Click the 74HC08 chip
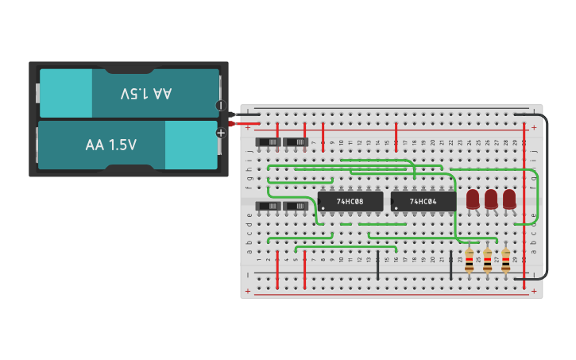350,202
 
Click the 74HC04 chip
423,202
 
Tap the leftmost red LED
473,199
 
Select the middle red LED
491,199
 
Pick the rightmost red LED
509,199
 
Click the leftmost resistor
469,260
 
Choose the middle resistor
487,260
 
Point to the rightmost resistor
505,260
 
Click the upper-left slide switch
268,142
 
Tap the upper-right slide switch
296,142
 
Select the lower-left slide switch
268,206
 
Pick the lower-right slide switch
296,206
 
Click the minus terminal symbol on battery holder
221,105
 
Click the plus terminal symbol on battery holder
221,133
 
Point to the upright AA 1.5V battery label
111,145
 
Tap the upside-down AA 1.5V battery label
146,94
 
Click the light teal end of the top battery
66,94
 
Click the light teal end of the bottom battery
191,145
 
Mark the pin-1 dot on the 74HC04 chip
396,209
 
